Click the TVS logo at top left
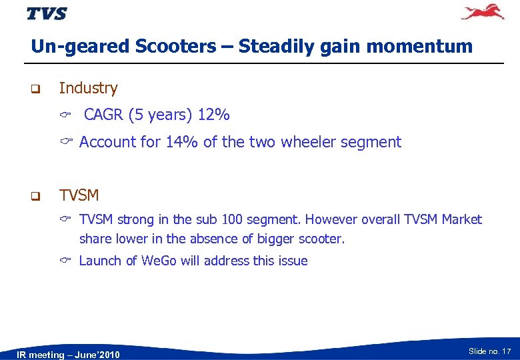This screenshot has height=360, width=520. [x=47, y=13]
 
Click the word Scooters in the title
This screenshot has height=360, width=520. [x=175, y=47]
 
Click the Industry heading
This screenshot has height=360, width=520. [x=88, y=88]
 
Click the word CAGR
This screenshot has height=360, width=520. [x=104, y=115]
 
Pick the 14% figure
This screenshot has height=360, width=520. [x=183, y=142]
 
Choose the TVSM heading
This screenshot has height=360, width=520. [x=79, y=195]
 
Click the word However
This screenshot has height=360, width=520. [x=349, y=220]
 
